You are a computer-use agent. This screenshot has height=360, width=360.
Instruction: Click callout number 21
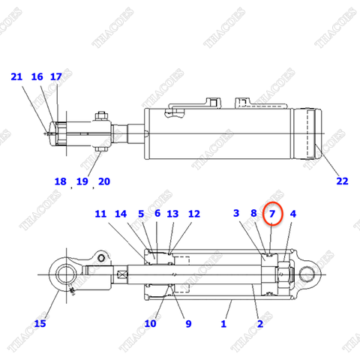(x=17, y=76)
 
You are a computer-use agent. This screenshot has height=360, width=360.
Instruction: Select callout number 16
(x=37, y=76)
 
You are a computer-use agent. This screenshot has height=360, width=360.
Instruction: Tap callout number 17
(x=56, y=76)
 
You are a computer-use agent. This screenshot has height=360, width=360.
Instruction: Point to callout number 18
(x=61, y=181)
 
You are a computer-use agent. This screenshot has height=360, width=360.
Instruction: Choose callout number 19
(x=82, y=181)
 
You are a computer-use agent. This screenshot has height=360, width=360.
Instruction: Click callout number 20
(x=104, y=181)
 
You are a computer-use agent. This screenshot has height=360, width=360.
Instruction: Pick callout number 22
(x=342, y=181)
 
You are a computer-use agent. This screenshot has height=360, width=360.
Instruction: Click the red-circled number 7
(x=273, y=214)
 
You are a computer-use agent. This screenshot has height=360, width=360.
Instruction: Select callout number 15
(x=40, y=323)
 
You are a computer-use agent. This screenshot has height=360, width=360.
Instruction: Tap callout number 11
(x=100, y=214)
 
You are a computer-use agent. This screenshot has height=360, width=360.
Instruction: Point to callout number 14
(x=121, y=214)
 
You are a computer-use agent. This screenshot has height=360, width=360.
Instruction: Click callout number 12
(x=194, y=214)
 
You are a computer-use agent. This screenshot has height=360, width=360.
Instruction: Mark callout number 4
(x=293, y=214)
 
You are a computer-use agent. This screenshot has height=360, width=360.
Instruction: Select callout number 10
(x=150, y=323)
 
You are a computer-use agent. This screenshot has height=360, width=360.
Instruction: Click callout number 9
(x=188, y=323)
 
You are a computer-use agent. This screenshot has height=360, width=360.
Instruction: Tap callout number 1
(x=223, y=323)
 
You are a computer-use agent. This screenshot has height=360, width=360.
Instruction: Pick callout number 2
(x=260, y=323)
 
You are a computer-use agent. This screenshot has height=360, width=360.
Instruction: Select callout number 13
(x=172, y=214)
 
